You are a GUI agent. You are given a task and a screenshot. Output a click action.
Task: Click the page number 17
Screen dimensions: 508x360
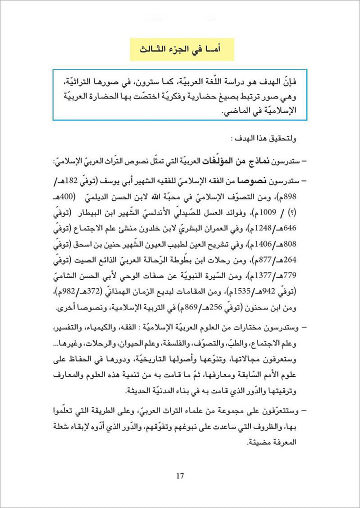click(x=180, y=475)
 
